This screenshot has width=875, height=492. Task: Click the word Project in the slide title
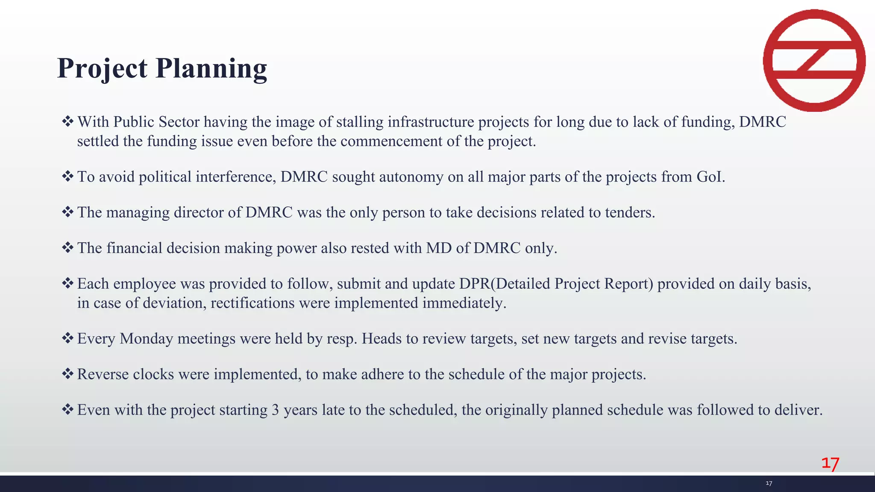pyautogui.click(x=103, y=68)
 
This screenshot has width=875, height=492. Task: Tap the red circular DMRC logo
pyautogui.click(x=814, y=60)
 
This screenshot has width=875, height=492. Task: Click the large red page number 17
pyautogui.click(x=830, y=463)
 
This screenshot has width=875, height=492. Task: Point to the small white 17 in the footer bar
pyautogui.click(x=769, y=483)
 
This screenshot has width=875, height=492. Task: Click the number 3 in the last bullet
pyautogui.click(x=275, y=410)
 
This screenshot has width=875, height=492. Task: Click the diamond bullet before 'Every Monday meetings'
pyautogui.click(x=68, y=338)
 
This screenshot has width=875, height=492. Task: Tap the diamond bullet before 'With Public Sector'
pyautogui.click(x=68, y=122)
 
